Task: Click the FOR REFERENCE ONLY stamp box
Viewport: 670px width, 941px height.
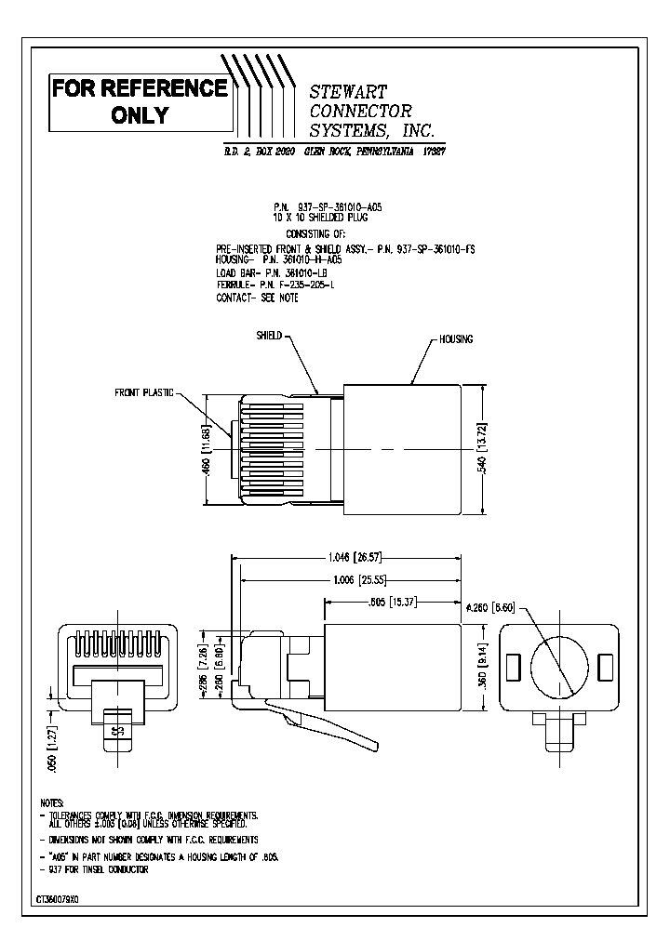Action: pos(140,101)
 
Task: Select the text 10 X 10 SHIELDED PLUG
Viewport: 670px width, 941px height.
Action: pos(321,215)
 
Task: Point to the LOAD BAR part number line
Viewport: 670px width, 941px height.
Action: pos(272,273)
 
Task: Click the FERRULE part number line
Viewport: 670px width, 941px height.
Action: pos(275,285)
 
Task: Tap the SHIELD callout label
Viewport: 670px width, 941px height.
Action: pos(269,335)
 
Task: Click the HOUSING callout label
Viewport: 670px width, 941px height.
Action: pos(456,339)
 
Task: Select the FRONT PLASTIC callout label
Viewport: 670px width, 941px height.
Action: pos(144,392)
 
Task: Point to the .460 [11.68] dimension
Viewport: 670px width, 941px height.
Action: pos(208,451)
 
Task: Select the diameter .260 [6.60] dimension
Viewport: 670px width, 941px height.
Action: pos(489,605)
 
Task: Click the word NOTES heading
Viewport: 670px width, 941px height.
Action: pos(52,802)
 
